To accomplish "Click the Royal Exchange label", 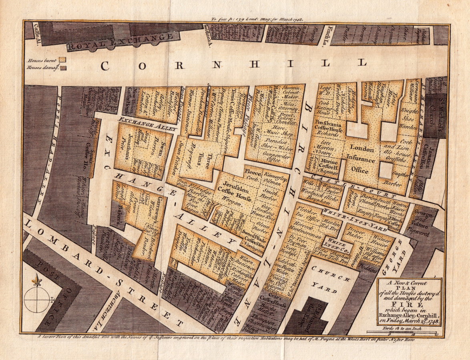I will (x=123, y=42).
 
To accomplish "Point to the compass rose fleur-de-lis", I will (x=37, y=281).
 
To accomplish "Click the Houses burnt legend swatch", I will (x=62, y=59).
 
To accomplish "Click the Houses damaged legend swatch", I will (x=63, y=68).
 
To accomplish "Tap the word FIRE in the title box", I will (x=409, y=304).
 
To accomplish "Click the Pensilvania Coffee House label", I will (x=327, y=127).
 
